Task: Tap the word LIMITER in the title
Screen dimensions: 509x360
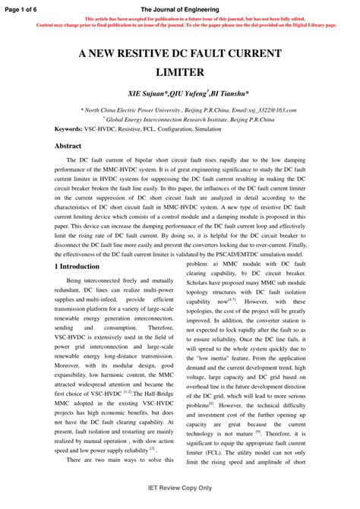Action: pos(180,72)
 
